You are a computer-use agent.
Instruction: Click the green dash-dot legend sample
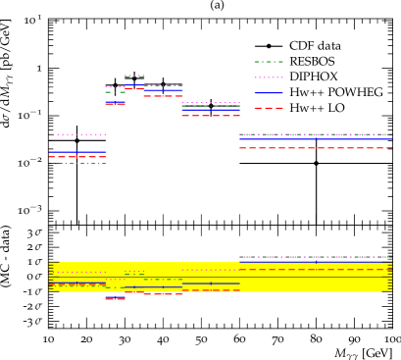pyautogui.click(x=269, y=62)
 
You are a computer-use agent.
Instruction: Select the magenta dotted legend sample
pyautogui.click(x=269, y=77)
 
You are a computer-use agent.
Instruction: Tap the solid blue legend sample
pyautogui.click(x=269, y=93)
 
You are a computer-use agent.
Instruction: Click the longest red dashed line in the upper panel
pyautogui.click(x=315, y=148)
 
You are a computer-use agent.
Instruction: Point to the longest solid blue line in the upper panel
pyautogui.click(x=315, y=140)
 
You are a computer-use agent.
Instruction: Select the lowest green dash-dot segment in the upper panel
pyautogui.click(x=82, y=163)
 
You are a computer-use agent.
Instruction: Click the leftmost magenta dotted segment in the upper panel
pyautogui.click(x=80, y=134)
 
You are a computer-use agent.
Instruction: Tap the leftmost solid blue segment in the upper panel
pyautogui.click(x=77, y=152)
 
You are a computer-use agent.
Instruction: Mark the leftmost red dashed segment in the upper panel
pyautogui.click(x=77, y=157)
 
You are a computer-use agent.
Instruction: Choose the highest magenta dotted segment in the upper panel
pyautogui.click(x=134, y=76)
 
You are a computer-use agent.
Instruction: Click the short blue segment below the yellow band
pyautogui.click(x=115, y=296)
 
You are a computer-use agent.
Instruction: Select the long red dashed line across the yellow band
pyautogui.click(x=315, y=270)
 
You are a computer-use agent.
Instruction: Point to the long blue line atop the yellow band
pyautogui.click(x=315, y=262)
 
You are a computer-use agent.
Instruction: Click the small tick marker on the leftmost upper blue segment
pyautogui.click(x=76, y=152)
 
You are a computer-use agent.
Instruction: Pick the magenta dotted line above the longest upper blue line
pyautogui.click(x=315, y=134)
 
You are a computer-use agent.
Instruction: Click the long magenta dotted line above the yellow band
pyautogui.click(x=315, y=257)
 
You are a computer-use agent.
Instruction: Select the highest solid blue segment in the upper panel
pyautogui.click(x=134, y=84)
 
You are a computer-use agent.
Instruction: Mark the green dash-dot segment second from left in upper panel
pyautogui.click(x=115, y=92)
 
